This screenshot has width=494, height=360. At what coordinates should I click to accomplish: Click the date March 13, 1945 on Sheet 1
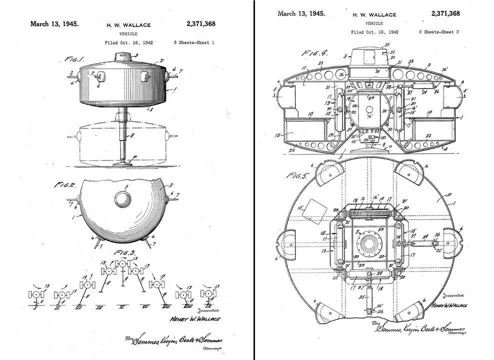[54, 23]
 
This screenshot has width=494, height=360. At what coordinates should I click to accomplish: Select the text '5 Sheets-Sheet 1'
[193, 42]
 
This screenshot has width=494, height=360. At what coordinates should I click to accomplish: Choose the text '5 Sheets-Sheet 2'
[438, 32]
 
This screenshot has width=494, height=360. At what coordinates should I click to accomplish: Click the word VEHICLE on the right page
[374, 23]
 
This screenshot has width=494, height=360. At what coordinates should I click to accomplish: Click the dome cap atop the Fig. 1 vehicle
[122, 56]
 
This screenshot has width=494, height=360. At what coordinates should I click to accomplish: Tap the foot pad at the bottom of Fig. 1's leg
[122, 162]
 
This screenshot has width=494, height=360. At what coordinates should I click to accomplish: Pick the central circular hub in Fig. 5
[370, 245]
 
